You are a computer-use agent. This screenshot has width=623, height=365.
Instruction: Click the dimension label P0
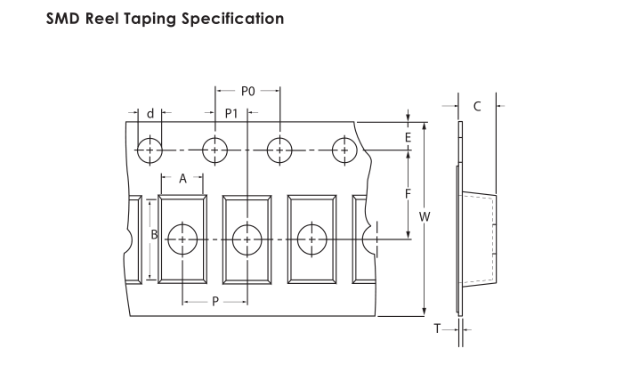(248, 92)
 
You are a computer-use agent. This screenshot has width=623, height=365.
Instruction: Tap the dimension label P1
(231, 114)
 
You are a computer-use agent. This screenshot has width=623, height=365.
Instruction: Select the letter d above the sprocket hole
(150, 114)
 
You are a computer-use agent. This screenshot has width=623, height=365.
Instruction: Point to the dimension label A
(182, 179)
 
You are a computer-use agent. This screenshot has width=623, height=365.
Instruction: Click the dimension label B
(154, 235)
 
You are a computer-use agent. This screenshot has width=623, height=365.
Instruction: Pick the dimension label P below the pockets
(215, 302)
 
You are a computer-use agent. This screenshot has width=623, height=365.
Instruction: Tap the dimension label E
(408, 138)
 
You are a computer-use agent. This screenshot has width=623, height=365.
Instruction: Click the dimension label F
(408, 194)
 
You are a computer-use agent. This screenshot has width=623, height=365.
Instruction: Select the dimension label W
(425, 217)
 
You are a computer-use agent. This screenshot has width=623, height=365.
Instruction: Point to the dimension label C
(477, 107)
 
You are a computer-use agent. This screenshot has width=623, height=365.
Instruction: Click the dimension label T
(437, 328)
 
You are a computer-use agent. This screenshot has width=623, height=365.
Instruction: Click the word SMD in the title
(63, 19)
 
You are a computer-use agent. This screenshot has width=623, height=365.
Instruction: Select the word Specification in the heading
(233, 19)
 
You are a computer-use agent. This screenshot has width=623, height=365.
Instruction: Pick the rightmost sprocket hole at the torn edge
(344, 150)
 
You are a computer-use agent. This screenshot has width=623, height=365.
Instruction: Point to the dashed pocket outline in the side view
(493, 239)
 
